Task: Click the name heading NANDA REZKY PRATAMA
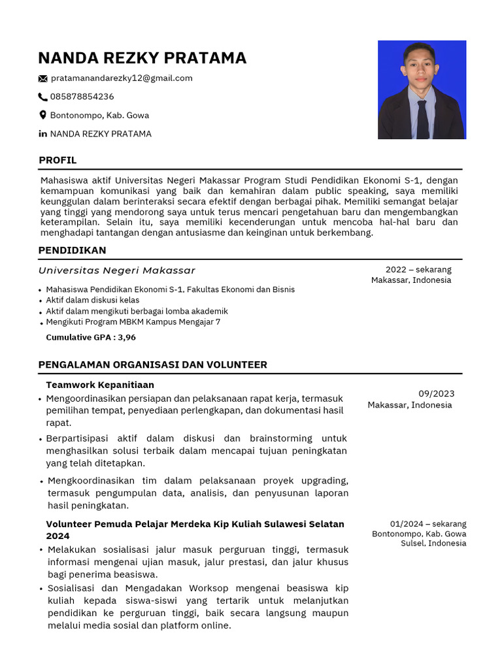(142, 58)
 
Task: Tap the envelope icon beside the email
(43, 78)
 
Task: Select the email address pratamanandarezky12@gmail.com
(122, 78)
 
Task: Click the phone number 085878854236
(82, 97)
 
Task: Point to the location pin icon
(43, 115)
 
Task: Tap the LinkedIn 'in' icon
(43, 134)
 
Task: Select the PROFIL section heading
(58, 160)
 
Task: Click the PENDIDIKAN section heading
(72, 250)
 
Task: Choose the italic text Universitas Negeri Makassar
(117, 270)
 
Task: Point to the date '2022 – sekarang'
(418, 269)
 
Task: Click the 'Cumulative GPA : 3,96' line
(91, 338)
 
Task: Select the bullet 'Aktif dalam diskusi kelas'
(92, 300)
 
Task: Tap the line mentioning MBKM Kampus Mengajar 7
(133, 322)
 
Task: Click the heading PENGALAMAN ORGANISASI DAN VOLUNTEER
(152, 365)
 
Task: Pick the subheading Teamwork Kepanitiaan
(100, 385)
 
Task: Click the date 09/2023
(436, 393)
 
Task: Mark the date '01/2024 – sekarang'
(428, 524)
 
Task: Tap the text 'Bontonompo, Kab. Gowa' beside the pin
(99, 115)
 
